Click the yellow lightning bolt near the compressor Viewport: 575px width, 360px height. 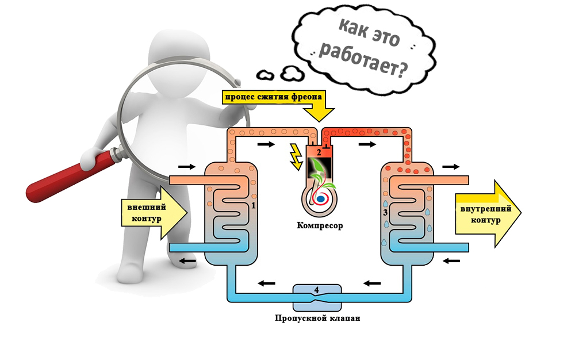point(297,157)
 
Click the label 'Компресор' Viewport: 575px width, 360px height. point(320,225)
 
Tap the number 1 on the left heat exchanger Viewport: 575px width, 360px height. point(254,205)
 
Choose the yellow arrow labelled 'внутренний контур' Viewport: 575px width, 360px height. point(486,214)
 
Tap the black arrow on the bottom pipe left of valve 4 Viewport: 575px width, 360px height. point(266,282)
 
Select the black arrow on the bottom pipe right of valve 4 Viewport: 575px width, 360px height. point(372,282)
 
